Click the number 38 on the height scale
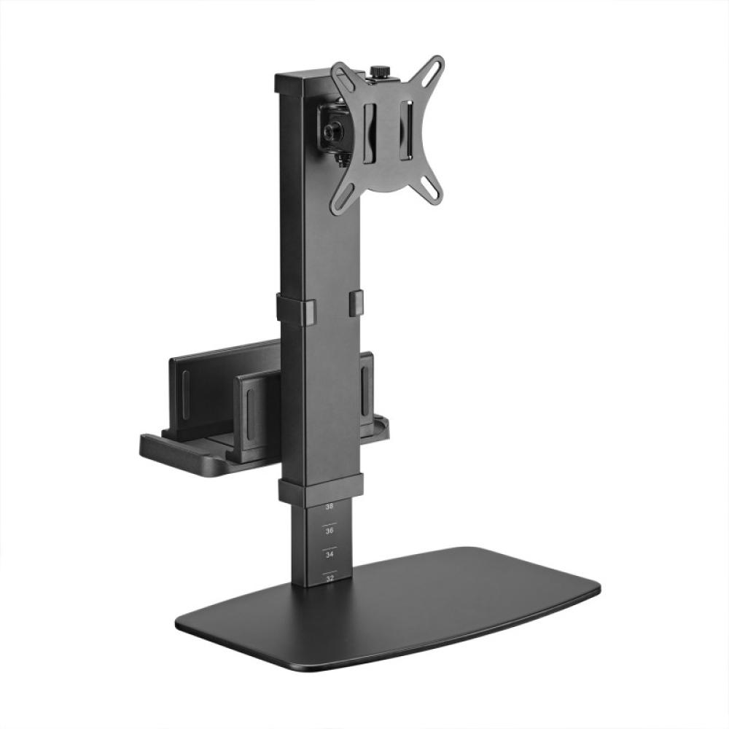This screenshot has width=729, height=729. (x=330, y=506)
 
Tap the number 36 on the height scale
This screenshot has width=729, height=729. (x=330, y=531)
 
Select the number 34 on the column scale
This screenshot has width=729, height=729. (x=330, y=555)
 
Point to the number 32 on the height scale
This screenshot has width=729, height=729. (x=330, y=578)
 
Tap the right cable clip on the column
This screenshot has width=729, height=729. (x=356, y=303)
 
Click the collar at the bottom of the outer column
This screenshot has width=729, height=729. (x=321, y=488)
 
